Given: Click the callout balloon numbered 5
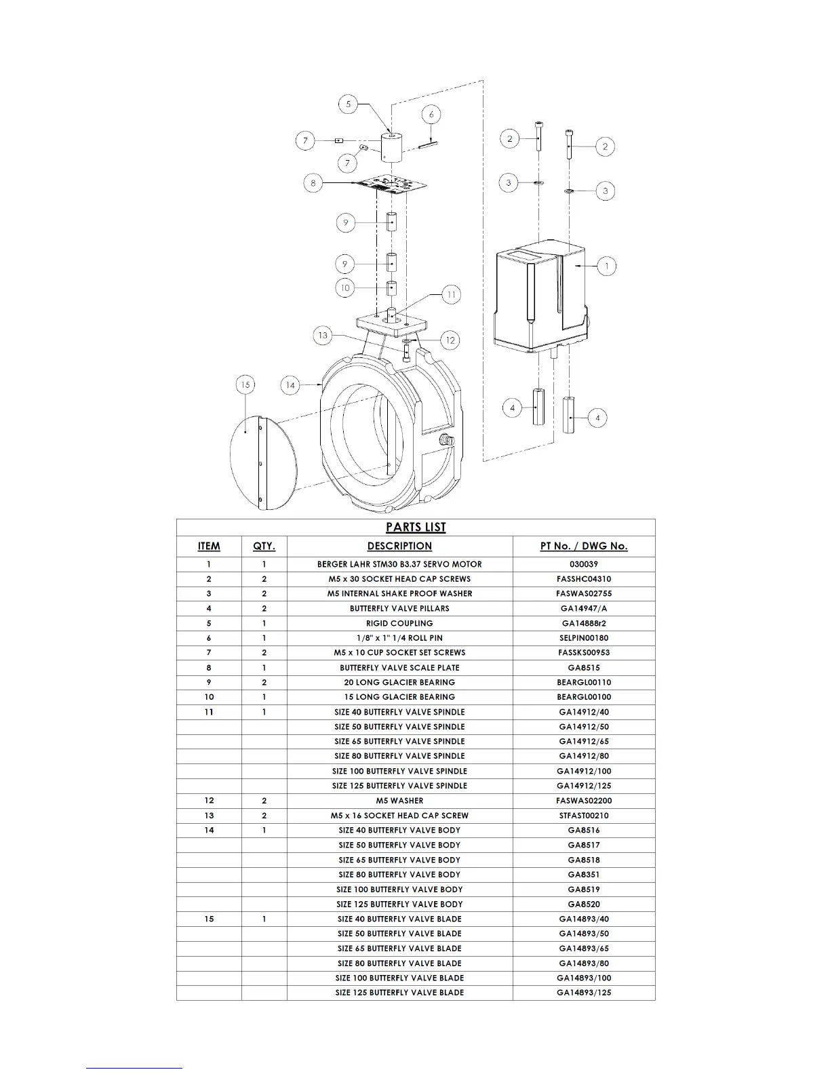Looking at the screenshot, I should click(349, 104).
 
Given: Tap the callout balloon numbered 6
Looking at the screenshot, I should click(431, 114).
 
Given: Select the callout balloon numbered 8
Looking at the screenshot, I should click(313, 183).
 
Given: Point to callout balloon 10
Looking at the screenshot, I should click(345, 287).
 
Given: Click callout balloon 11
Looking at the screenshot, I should click(452, 294).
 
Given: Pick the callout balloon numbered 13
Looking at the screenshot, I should click(323, 335).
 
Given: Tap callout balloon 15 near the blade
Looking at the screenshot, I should click(245, 385).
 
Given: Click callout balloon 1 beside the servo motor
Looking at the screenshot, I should click(606, 266).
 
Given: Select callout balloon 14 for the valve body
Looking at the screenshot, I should click(290, 385).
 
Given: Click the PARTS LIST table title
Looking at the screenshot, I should click(416, 528).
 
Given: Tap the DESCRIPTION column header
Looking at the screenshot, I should click(399, 546).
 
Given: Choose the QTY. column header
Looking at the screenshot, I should click(264, 546).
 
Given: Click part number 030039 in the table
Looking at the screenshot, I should click(583, 564).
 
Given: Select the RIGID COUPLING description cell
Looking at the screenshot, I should click(399, 623).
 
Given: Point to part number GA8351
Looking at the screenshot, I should click(583, 875).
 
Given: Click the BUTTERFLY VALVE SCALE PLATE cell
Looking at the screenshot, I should click(399, 668).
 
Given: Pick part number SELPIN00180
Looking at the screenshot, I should click(583, 638).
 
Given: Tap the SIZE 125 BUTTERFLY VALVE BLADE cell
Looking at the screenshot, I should click(399, 993).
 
